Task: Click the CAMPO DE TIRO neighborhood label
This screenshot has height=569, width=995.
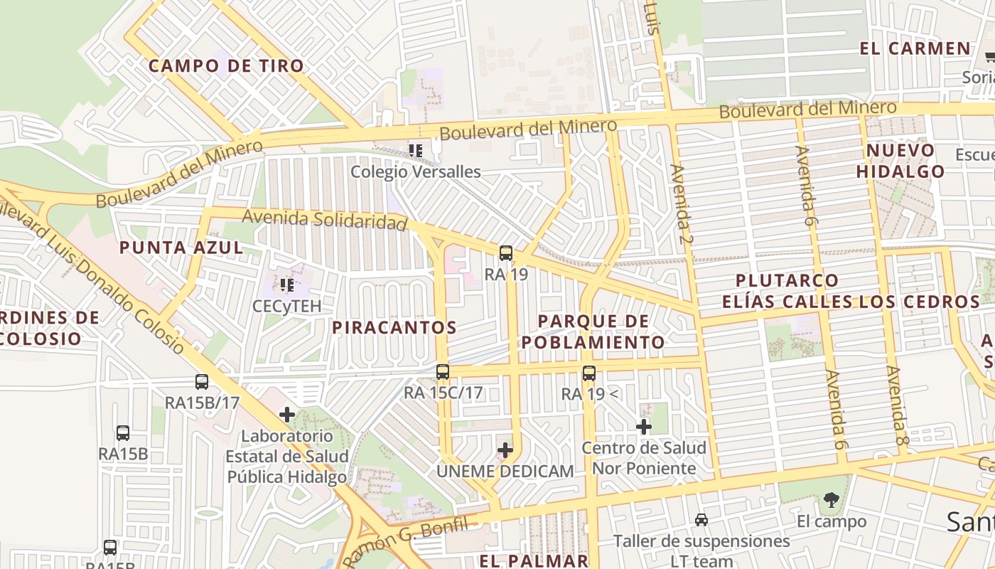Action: (226, 66)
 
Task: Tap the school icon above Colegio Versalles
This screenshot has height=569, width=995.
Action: (416, 150)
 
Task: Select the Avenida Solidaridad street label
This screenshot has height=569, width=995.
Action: (325, 220)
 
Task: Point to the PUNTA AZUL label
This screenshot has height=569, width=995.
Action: (181, 248)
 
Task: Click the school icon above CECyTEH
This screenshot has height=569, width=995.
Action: (287, 285)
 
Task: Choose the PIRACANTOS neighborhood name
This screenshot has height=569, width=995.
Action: (394, 328)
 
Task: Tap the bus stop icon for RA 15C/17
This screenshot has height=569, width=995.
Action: (443, 371)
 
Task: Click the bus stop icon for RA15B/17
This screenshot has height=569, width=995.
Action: (202, 382)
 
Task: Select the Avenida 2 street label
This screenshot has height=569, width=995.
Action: (681, 203)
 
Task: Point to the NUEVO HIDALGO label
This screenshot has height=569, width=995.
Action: (900, 161)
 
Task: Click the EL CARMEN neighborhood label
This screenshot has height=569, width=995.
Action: (915, 49)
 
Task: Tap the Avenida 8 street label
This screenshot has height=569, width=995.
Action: (898, 405)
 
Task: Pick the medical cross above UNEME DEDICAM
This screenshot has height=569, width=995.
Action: (505, 450)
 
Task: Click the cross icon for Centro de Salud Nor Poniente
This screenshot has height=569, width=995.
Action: (644, 427)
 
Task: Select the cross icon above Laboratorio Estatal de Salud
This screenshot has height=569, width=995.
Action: (287, 415)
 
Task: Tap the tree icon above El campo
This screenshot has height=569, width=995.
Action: (832, 500)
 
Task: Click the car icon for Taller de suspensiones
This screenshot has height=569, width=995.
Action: (701, 520)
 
